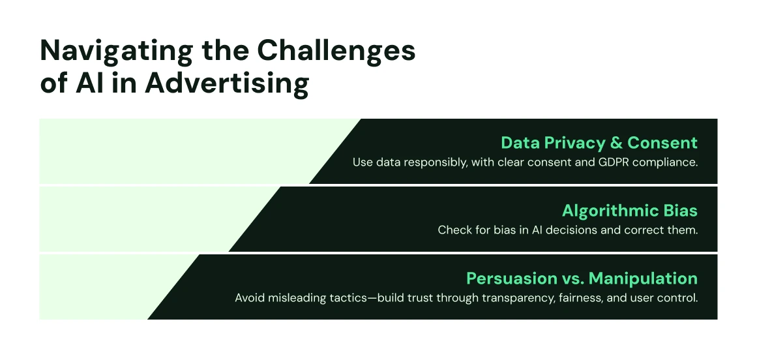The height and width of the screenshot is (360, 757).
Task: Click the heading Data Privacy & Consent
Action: pyautogui.click(x=599, y=143)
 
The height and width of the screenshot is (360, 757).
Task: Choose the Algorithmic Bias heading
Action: pyautogui.click(x=629, y=211)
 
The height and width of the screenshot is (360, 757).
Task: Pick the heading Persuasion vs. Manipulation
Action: pyautogui.click(x=582, y=278)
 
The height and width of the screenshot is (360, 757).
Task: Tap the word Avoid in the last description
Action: pyautogui.click(x=248, y=297)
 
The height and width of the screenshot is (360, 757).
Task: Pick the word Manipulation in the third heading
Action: pyautogui.click(x=643, y=278)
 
